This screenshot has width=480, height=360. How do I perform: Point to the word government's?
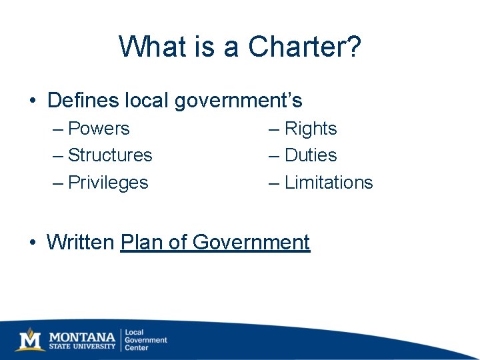click(238, 101)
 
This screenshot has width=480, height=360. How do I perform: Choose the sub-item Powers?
click(99, 128)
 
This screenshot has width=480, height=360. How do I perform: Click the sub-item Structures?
click(110, 155)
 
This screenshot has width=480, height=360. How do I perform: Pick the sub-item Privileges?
click(108, 183)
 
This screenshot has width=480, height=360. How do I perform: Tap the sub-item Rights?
click(311, 129)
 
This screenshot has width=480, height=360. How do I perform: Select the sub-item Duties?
click(311, 155)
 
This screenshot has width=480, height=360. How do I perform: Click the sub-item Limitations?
click(329, 183)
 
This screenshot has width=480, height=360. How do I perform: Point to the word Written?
click(81, 242)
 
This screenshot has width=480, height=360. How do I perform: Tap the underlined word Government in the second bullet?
click(251, 242)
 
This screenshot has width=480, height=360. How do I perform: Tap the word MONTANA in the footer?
click(82, 335)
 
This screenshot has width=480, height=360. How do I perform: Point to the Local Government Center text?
click(145, 339)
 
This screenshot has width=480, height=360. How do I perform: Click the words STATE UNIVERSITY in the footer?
click(82, 347)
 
